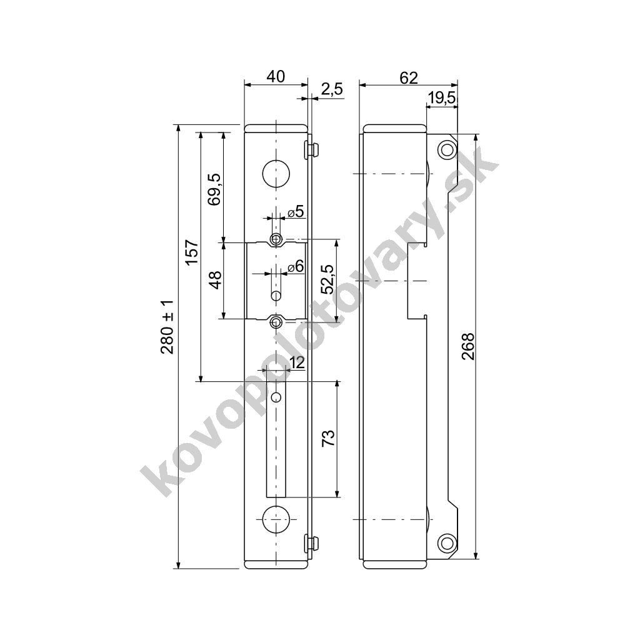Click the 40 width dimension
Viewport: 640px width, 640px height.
point(276,77)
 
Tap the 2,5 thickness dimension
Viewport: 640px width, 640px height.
point(332,89)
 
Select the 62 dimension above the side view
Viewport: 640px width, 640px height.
point(409,77)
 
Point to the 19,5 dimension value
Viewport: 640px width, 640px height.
point(442,98)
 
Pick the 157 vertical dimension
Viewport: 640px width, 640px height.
point(192,251)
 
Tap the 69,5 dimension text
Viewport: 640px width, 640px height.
point(215,189)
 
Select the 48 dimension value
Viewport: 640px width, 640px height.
point(216,280)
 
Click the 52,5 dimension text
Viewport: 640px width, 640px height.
point(327,279)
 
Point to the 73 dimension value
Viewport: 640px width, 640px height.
point(329,438)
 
